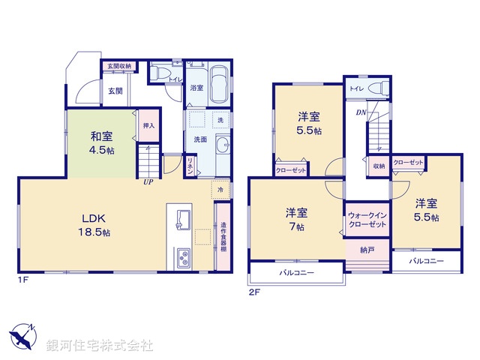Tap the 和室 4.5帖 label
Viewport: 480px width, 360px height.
click(103, 142)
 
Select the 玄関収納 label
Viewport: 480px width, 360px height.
click(119, 67)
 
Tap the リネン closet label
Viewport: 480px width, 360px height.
click(190, 165)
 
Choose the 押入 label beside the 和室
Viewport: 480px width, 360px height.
click(148, 125)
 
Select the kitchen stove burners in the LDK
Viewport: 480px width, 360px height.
click(183, 259)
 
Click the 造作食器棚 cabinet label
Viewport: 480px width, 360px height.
click(223, 237)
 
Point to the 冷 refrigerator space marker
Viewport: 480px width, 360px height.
click(220, 190)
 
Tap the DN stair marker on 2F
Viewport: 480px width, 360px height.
click(361, 113)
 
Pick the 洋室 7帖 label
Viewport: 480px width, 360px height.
click(295, 218)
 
